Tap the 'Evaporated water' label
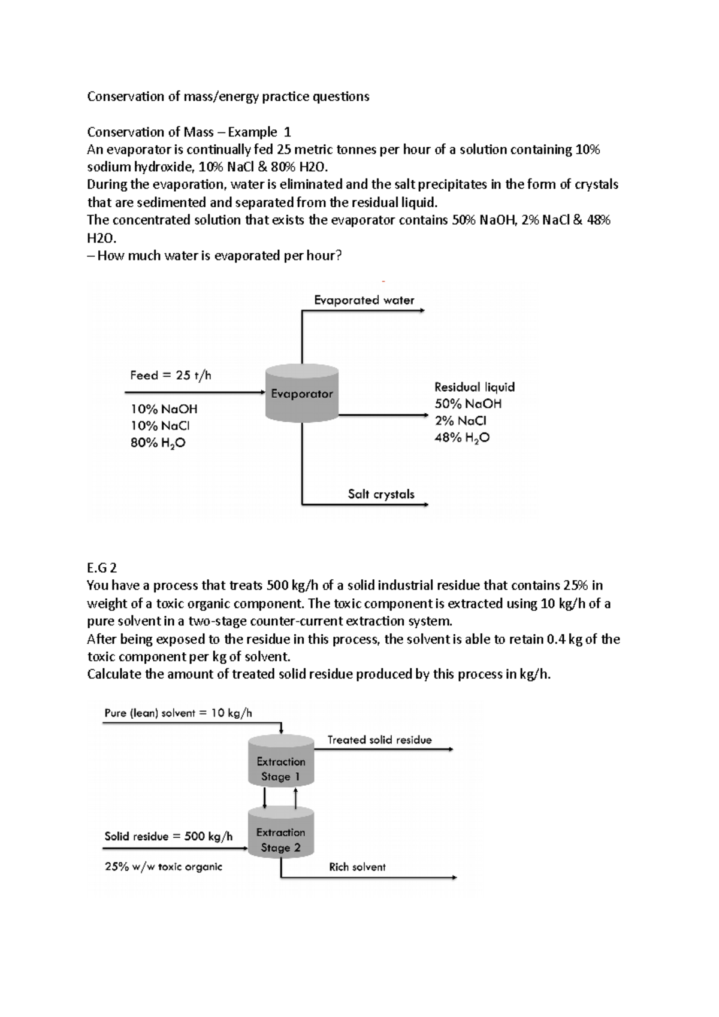[x=364, y=300]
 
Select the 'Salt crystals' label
[x=381, y=494]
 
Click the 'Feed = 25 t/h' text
[x=171, y=376]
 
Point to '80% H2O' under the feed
[x=158, y=443]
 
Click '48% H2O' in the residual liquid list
[x=461, y=438]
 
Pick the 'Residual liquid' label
[x=474, y=387]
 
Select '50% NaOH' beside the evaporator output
[x=468, y=404]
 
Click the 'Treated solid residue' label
[x=379, y=740]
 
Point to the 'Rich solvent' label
[x=357, y=867]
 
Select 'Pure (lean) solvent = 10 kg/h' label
[x=178, y=713]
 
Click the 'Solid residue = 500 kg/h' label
[x=168, y=836]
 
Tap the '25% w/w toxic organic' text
[x=163, y=866]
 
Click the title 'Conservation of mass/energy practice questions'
[x=228, y=96]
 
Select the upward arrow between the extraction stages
[x=295, y=797]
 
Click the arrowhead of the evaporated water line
[x=422, y=311]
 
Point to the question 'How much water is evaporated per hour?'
[x=219, y=256]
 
